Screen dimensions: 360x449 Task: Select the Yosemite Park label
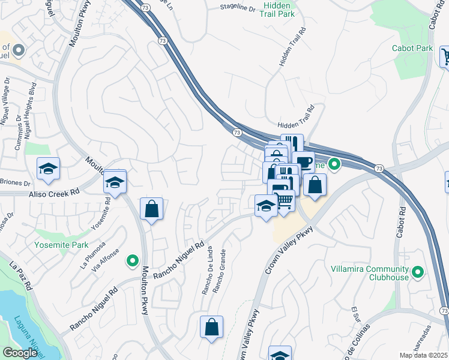tap(61, 245)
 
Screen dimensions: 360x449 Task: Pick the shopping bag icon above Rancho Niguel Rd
tap(152, 209)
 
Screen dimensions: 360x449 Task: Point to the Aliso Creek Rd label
tap(55, 193)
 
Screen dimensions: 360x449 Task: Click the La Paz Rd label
tap(20, 275)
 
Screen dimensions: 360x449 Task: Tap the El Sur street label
tap(356, 315)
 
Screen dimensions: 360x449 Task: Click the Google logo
tap(20, 353)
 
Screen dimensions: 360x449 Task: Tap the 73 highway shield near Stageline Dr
tap(163, 40)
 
